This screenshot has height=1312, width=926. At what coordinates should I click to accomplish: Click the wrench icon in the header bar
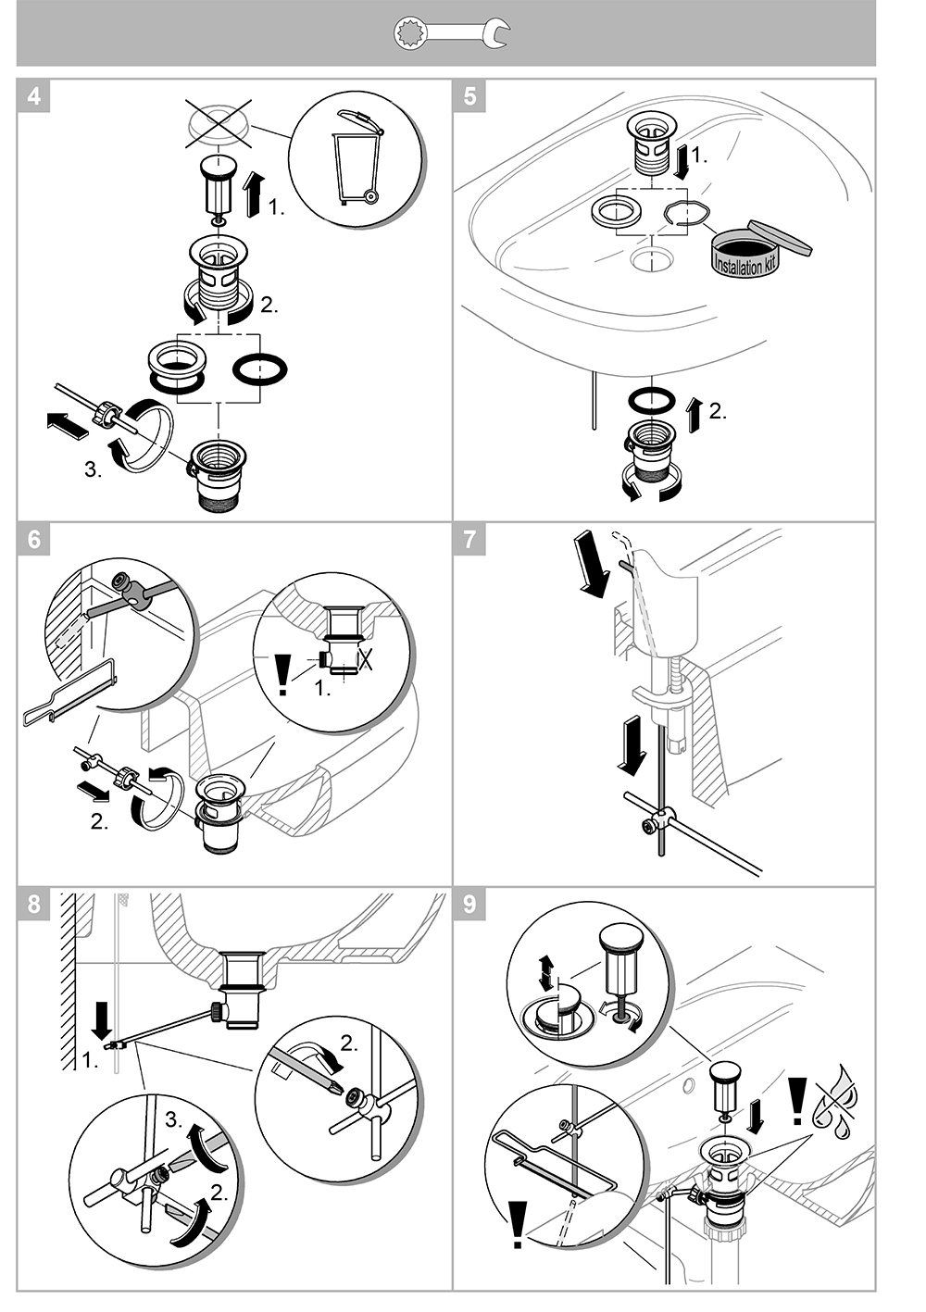451,34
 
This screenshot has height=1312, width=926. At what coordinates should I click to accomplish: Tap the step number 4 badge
34,95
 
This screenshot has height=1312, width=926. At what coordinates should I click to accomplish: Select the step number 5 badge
470,95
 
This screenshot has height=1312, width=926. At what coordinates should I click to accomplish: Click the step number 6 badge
34,540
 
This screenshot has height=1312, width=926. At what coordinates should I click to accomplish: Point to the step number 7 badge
470,540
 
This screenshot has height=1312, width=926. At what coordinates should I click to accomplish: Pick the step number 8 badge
34,904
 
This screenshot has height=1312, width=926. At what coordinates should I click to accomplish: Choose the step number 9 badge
470,904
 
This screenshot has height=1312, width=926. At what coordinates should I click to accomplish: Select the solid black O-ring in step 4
260,369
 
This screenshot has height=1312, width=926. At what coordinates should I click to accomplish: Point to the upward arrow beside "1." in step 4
252,194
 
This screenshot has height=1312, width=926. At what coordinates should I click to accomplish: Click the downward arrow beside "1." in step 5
682,159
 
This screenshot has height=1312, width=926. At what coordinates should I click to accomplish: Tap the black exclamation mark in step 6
283,674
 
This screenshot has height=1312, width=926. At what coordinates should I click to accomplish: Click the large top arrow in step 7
592,562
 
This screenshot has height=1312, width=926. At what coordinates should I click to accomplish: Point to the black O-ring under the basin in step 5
651,401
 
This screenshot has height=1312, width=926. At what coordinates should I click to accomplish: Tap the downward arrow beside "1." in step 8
103,1021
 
